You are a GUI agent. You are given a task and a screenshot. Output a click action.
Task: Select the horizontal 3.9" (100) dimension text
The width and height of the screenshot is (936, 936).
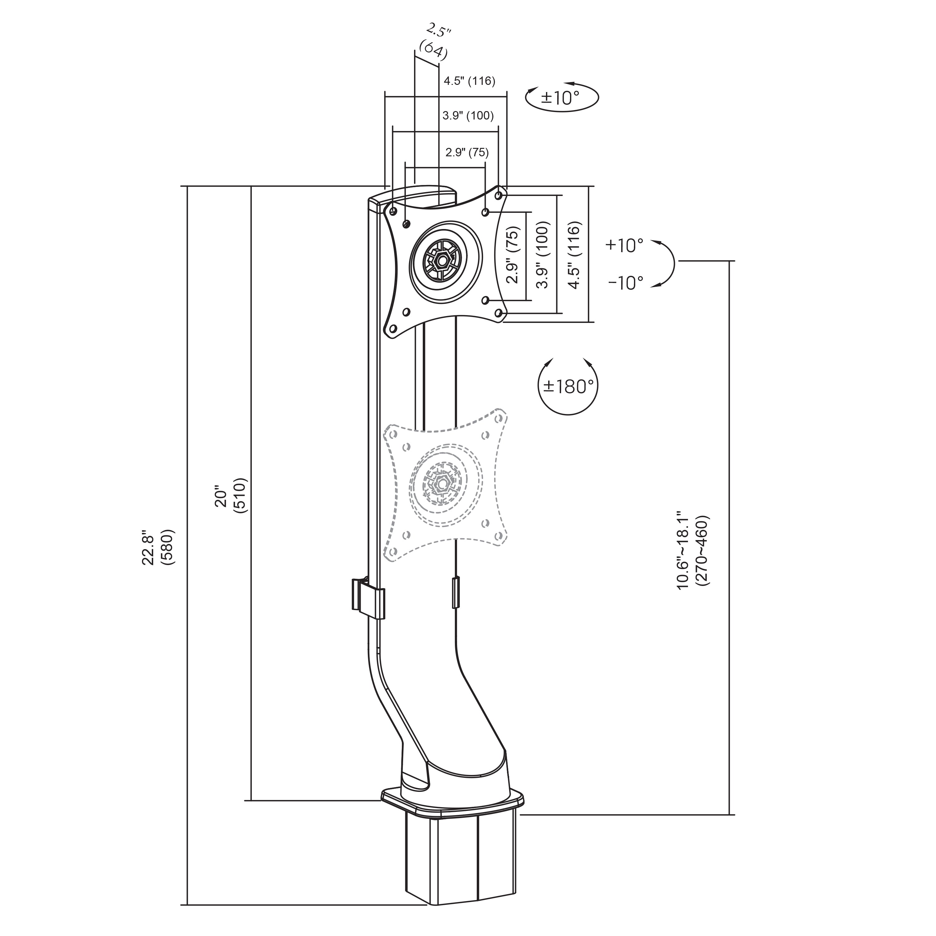468,116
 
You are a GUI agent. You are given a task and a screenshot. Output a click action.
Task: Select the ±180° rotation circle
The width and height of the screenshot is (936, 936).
568,386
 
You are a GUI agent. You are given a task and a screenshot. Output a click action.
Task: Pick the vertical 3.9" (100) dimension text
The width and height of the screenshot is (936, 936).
544,255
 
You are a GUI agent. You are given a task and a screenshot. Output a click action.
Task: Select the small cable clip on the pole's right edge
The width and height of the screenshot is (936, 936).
456,592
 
